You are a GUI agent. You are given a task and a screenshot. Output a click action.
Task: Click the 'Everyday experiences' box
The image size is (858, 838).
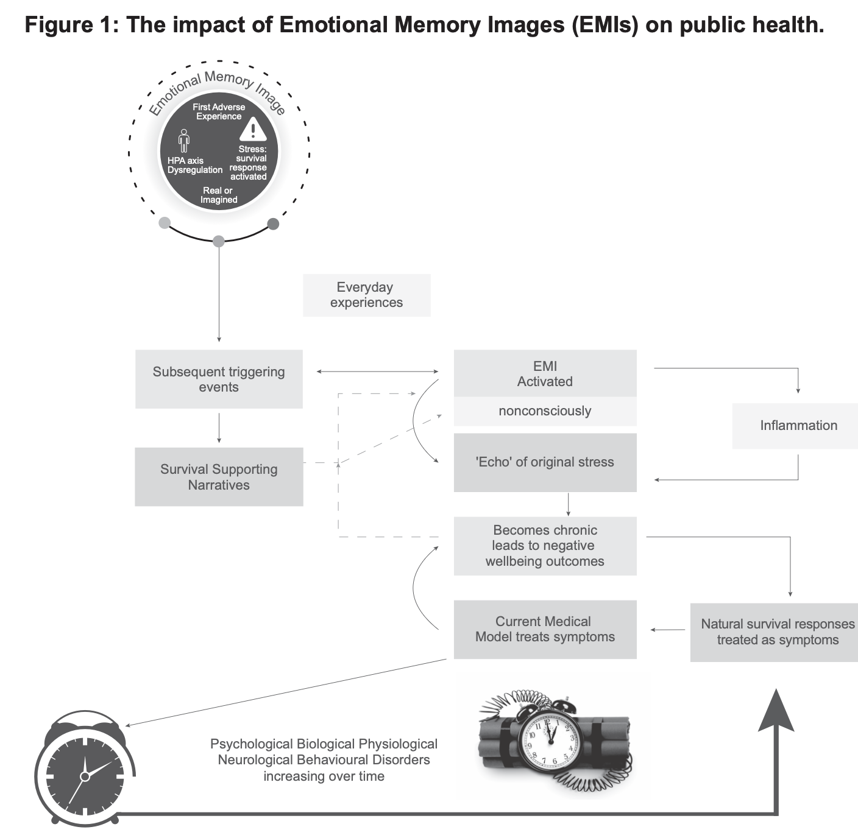(366, 295)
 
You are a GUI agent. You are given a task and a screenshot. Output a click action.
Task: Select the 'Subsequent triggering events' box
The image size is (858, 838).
(219, 379)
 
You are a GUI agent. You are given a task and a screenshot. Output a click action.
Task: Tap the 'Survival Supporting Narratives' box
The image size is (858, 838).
(219, 477)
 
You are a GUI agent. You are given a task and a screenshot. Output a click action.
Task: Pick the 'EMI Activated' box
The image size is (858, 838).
(545, 373)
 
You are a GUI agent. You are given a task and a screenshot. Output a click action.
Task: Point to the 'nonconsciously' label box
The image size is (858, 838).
(545, 411)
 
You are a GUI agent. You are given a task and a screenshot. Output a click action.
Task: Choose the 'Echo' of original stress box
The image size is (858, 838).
(545, 462)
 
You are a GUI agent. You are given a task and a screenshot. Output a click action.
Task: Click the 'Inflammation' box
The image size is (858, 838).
(798, 426)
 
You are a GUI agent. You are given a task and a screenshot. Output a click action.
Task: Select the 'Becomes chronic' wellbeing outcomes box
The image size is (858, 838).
(545, 546)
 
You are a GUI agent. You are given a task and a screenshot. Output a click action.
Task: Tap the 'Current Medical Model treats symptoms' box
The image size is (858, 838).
(545, 629)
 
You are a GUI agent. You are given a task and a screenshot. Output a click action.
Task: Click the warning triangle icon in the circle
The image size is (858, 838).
(253, 129)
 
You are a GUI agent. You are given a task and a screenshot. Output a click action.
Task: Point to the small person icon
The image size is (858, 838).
(183, 141)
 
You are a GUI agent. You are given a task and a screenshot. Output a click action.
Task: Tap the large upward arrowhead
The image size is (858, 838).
(776, 711)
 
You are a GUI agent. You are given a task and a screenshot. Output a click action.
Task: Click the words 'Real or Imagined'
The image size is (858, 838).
(219, 195)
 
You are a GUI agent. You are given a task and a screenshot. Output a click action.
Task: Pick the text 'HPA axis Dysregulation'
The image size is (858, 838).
(194, 166)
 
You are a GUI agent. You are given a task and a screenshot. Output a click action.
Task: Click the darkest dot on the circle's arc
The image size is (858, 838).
(273, 224)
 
